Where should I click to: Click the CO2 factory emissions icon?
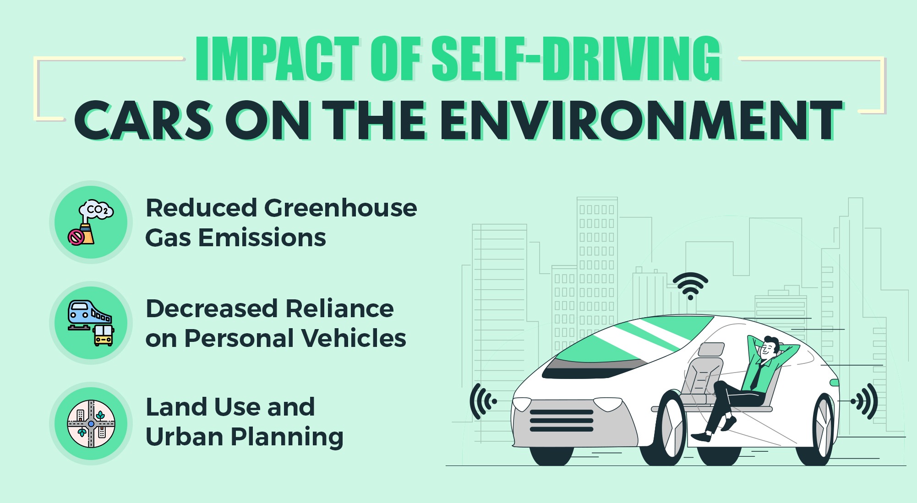click(91, 222)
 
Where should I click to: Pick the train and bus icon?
click(91, 323)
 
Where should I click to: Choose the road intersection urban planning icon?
click(91, 424)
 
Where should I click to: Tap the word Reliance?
click(339, 309)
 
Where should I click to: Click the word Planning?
click(287, 437)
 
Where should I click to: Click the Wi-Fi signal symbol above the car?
click(690, 286)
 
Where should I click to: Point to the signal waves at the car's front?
click(482, 401)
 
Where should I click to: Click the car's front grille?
click(561, 421)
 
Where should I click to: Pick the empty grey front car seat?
click(701, 375)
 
